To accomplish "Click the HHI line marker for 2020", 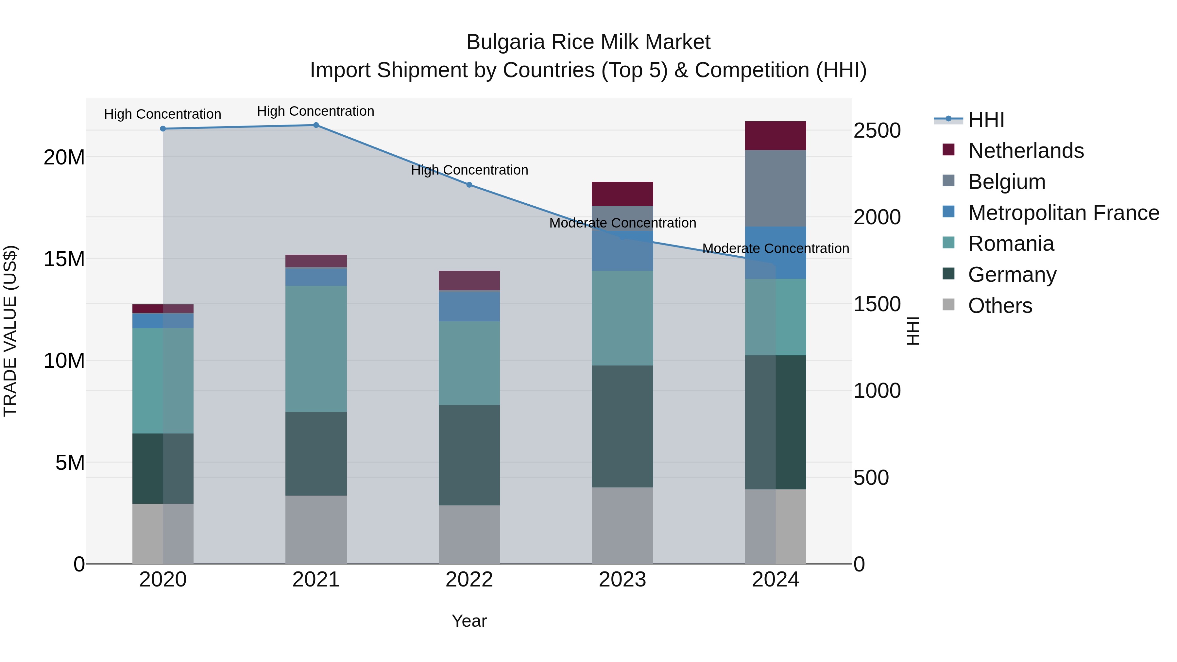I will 163,129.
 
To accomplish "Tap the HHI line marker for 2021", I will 316,125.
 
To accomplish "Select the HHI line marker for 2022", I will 469,185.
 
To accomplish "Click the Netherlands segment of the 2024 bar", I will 776,136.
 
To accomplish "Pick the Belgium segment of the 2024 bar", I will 776,188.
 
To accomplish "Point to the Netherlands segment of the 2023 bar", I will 622,194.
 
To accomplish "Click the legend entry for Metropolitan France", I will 1063,213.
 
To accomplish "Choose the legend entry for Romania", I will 1011,244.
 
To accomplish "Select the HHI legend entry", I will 986,120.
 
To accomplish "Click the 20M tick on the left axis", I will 64,158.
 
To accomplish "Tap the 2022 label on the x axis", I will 469,580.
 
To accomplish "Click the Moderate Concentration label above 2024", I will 776,248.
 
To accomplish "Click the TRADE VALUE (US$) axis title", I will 10,331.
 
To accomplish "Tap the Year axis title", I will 469,621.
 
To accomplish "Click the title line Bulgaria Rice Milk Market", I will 588,42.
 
